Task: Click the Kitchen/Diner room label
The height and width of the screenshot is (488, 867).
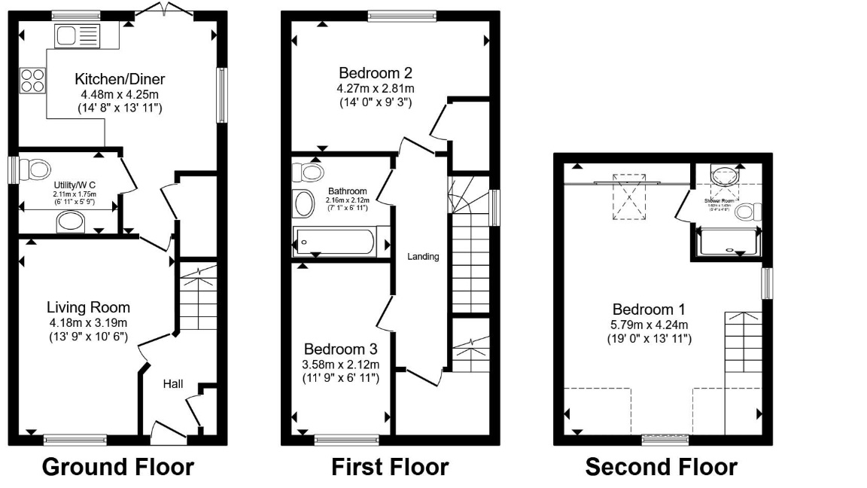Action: (120, 79)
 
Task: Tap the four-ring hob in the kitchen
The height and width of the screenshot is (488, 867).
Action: (32, 80)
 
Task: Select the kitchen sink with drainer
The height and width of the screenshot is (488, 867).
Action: (76, 35)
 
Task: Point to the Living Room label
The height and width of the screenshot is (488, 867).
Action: (88, 307)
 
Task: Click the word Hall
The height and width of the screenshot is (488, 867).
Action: (173, 384)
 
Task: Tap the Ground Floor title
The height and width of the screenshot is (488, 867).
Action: (117, 467)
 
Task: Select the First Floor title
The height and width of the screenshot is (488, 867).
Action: (390, 467)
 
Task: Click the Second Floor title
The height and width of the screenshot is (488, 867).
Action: (662, 467)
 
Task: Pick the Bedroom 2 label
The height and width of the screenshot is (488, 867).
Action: (376, 74)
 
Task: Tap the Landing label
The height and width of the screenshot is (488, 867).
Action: (423, 257)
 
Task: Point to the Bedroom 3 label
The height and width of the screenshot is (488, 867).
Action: (341, 349)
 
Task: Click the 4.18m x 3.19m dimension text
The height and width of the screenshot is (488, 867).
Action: (88, 322)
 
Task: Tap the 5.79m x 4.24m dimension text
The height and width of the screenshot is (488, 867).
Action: (649, 325)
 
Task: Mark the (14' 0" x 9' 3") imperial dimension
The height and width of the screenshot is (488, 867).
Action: (376, 102)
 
